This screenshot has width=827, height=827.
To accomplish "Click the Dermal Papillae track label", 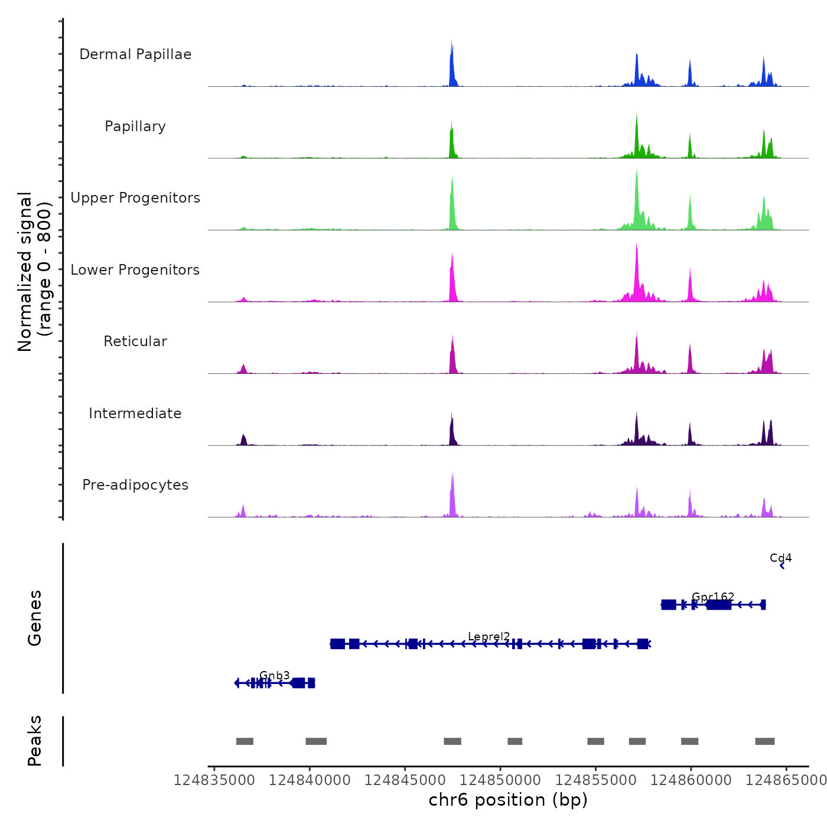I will click(135, 54).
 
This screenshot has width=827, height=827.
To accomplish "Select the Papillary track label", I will click(135, 126).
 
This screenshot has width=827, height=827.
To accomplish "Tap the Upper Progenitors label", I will click(135, 198).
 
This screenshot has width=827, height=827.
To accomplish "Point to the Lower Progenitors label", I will click(135, 270).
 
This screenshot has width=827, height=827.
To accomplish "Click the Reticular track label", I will click(135, 341).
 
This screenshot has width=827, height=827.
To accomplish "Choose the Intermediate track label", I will click(135, 413).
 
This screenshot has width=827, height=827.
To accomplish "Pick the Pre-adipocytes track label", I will click(135, 485).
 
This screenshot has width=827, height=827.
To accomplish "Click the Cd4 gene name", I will click(780, 558).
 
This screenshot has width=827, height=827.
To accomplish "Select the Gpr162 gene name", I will click(713, 597).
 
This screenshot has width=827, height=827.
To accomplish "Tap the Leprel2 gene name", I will click(489, 637).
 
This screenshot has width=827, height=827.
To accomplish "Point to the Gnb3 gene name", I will click(275, 676).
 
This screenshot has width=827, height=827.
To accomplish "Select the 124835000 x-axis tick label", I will click(214, 780).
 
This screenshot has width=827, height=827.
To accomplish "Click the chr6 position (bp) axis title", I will click(508, 800).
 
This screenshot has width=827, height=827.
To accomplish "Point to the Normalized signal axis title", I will click(34, 272).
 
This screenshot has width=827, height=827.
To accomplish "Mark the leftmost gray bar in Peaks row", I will click(245, 741).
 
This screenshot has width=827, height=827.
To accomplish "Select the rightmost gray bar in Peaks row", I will click(764, 741).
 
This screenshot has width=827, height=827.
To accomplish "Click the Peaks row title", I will click(34, 741).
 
